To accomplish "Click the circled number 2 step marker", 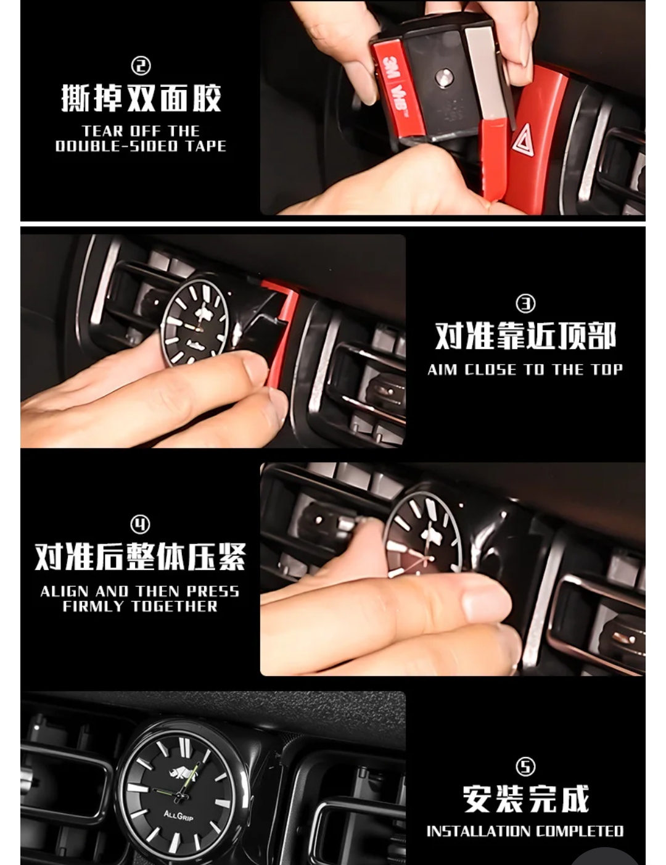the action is click(x=141, y=66).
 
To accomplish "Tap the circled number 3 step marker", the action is click(x=525, y=304).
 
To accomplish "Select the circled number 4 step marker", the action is click(x=141, y=524).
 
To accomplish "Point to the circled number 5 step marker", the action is click(x=525, y=766).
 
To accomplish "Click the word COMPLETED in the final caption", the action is click(x=579, y=831).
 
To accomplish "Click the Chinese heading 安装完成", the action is click(x=525, y=798).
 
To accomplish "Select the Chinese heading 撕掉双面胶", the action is click(x=141, y=98).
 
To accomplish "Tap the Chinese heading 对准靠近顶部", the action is click(x=525, y=336).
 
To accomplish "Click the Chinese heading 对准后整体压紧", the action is click(x=141, y=556).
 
